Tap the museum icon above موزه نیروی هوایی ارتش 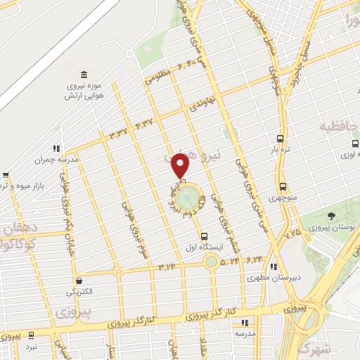pos(84,75)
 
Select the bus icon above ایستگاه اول pos(205,236)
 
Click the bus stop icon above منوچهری pos(283,187)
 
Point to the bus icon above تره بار pos(281,139)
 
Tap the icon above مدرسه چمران pos(55,148)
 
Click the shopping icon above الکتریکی pos(79,280)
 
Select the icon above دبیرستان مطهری pos(274,266)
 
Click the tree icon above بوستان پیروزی pos(330,216)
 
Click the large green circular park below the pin pos(187,200)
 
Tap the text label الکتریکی pos(79,291)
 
